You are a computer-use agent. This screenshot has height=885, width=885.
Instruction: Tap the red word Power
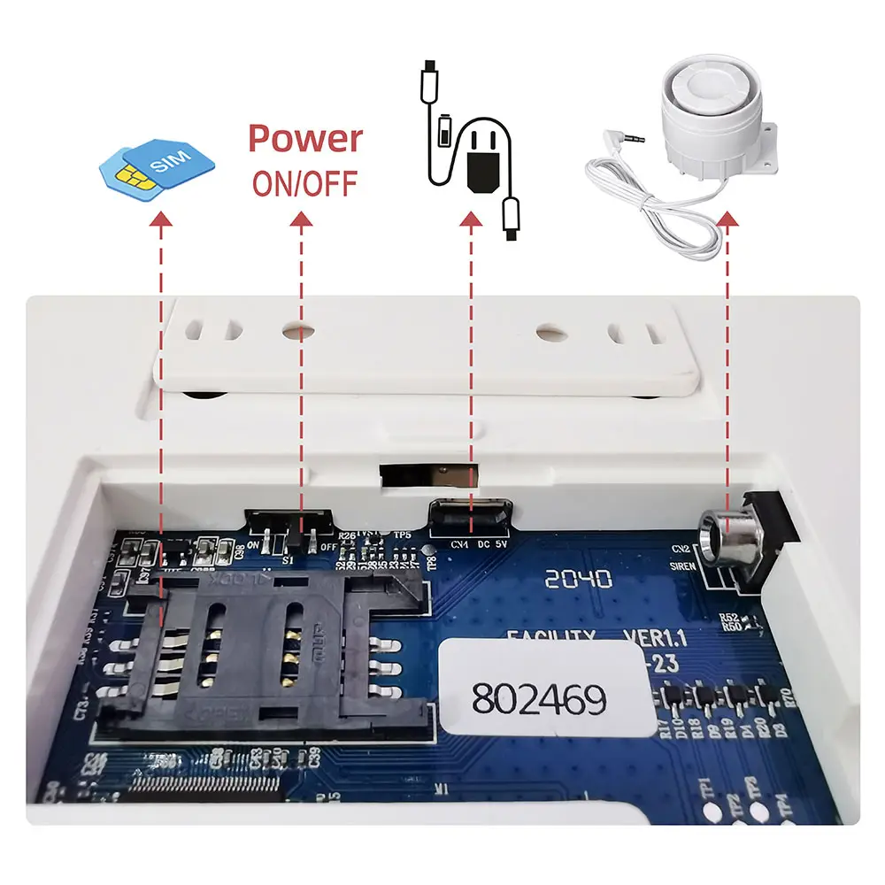[x=305, y=139]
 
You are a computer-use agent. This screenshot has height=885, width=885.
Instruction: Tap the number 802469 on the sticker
[x=539, y=699]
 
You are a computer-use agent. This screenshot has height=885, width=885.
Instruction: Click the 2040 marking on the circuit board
[x=578, y=580]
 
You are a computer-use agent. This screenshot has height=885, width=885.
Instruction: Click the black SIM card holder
[x=265, y=650]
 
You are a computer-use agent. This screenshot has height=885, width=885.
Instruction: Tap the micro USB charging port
[x=470, y=513]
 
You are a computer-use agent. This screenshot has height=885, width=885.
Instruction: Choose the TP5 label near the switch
[x=404, y=534]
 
